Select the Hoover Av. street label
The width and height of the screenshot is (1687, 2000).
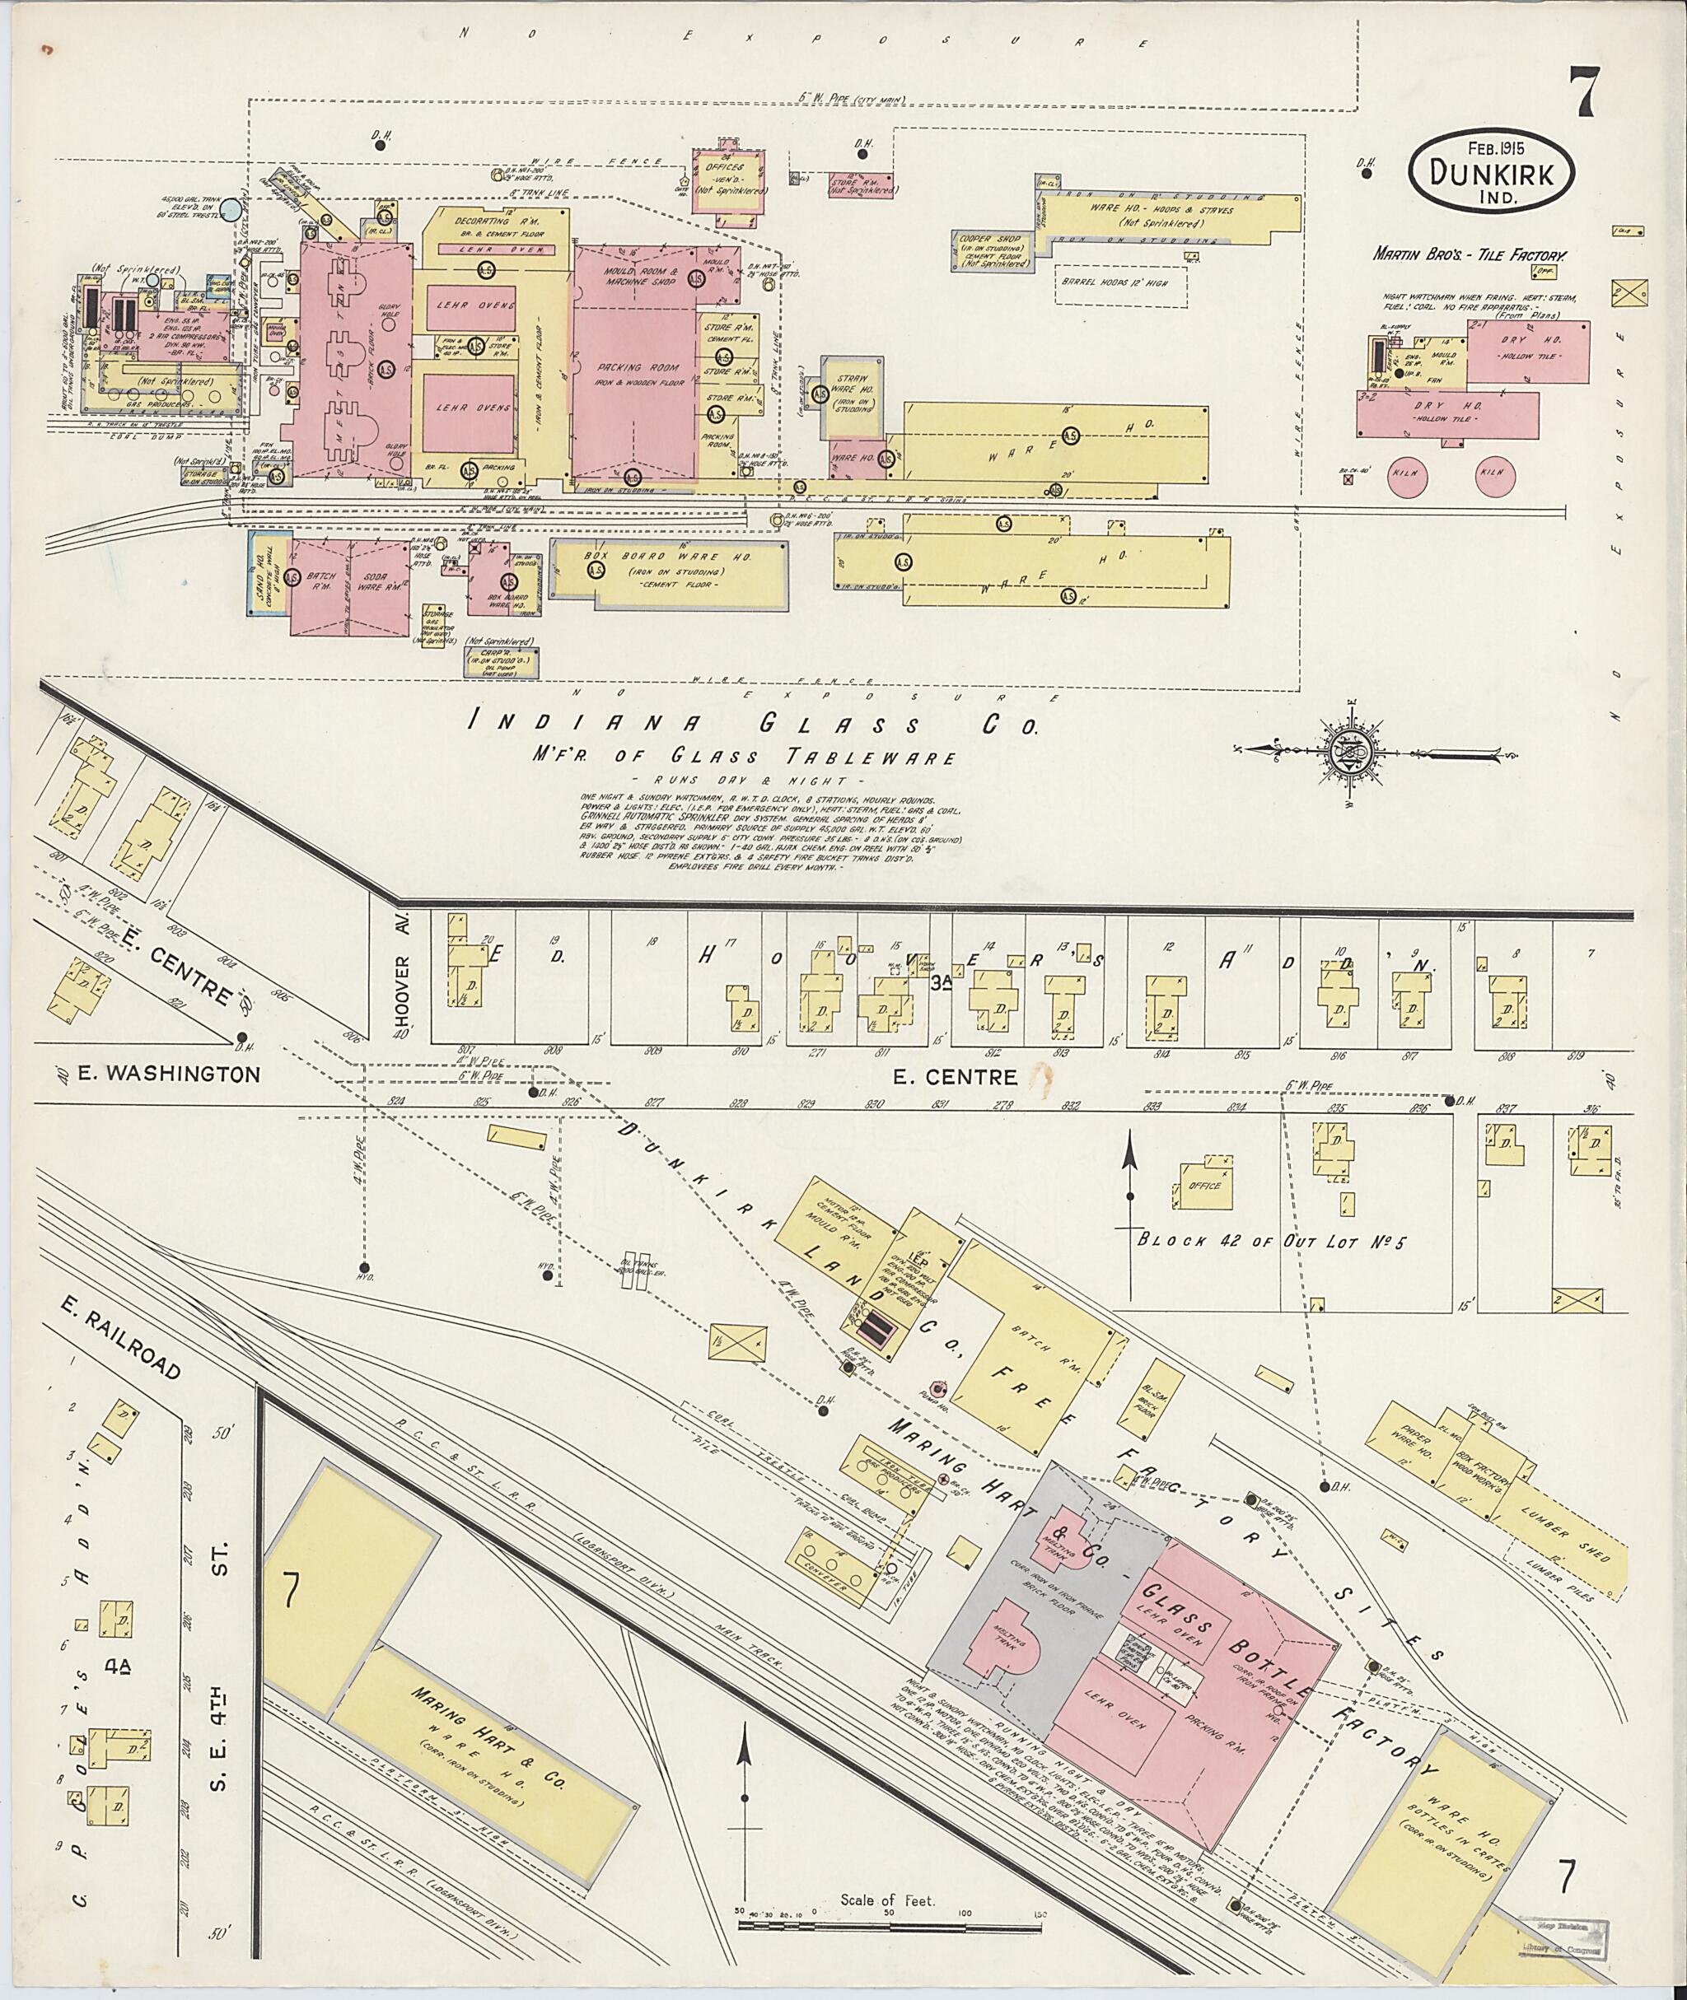403,974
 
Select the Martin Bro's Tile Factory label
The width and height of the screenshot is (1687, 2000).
1470,255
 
